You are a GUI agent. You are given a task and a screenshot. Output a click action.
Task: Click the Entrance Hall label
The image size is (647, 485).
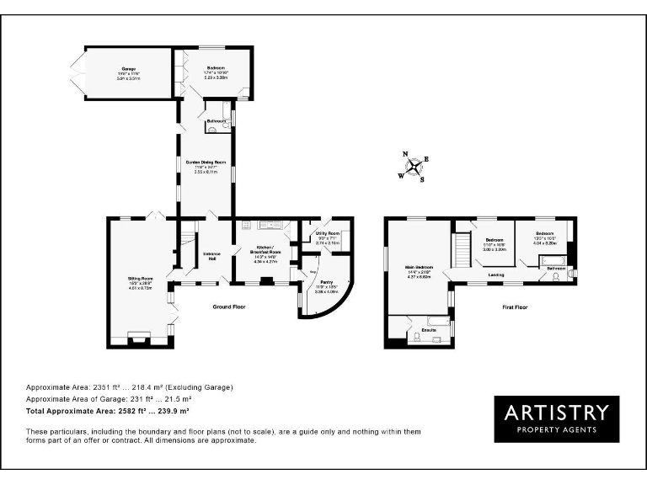coord(211,255)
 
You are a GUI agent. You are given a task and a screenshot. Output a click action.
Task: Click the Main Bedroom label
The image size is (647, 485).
coord(419,270)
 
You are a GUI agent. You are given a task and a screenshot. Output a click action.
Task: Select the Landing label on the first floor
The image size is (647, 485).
coord(495,274)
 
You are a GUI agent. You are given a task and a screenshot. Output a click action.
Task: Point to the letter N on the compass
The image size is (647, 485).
coord(405,154)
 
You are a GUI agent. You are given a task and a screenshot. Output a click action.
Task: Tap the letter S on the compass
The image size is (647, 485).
coord(421,179)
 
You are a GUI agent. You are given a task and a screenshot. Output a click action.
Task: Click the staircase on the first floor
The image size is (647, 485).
coord(462,248)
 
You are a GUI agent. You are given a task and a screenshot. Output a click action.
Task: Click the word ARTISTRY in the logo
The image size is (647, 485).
coord(556,412)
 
